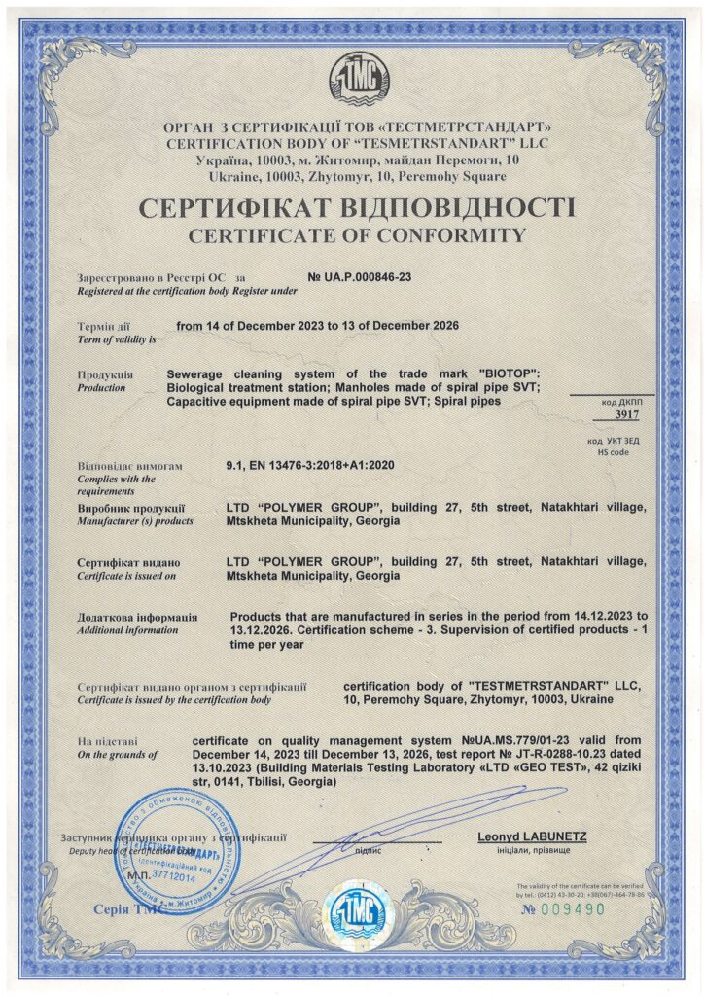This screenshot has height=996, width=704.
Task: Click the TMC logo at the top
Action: [353, 76]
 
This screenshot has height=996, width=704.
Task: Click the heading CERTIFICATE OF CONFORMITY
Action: [356, 234]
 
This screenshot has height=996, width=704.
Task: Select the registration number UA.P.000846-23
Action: [359, 277]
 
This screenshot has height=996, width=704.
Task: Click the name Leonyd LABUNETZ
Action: [532, 836]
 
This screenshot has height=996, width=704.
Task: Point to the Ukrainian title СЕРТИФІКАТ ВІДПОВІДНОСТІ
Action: [356, 207]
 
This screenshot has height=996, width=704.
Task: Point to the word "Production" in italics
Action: [101, 387]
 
